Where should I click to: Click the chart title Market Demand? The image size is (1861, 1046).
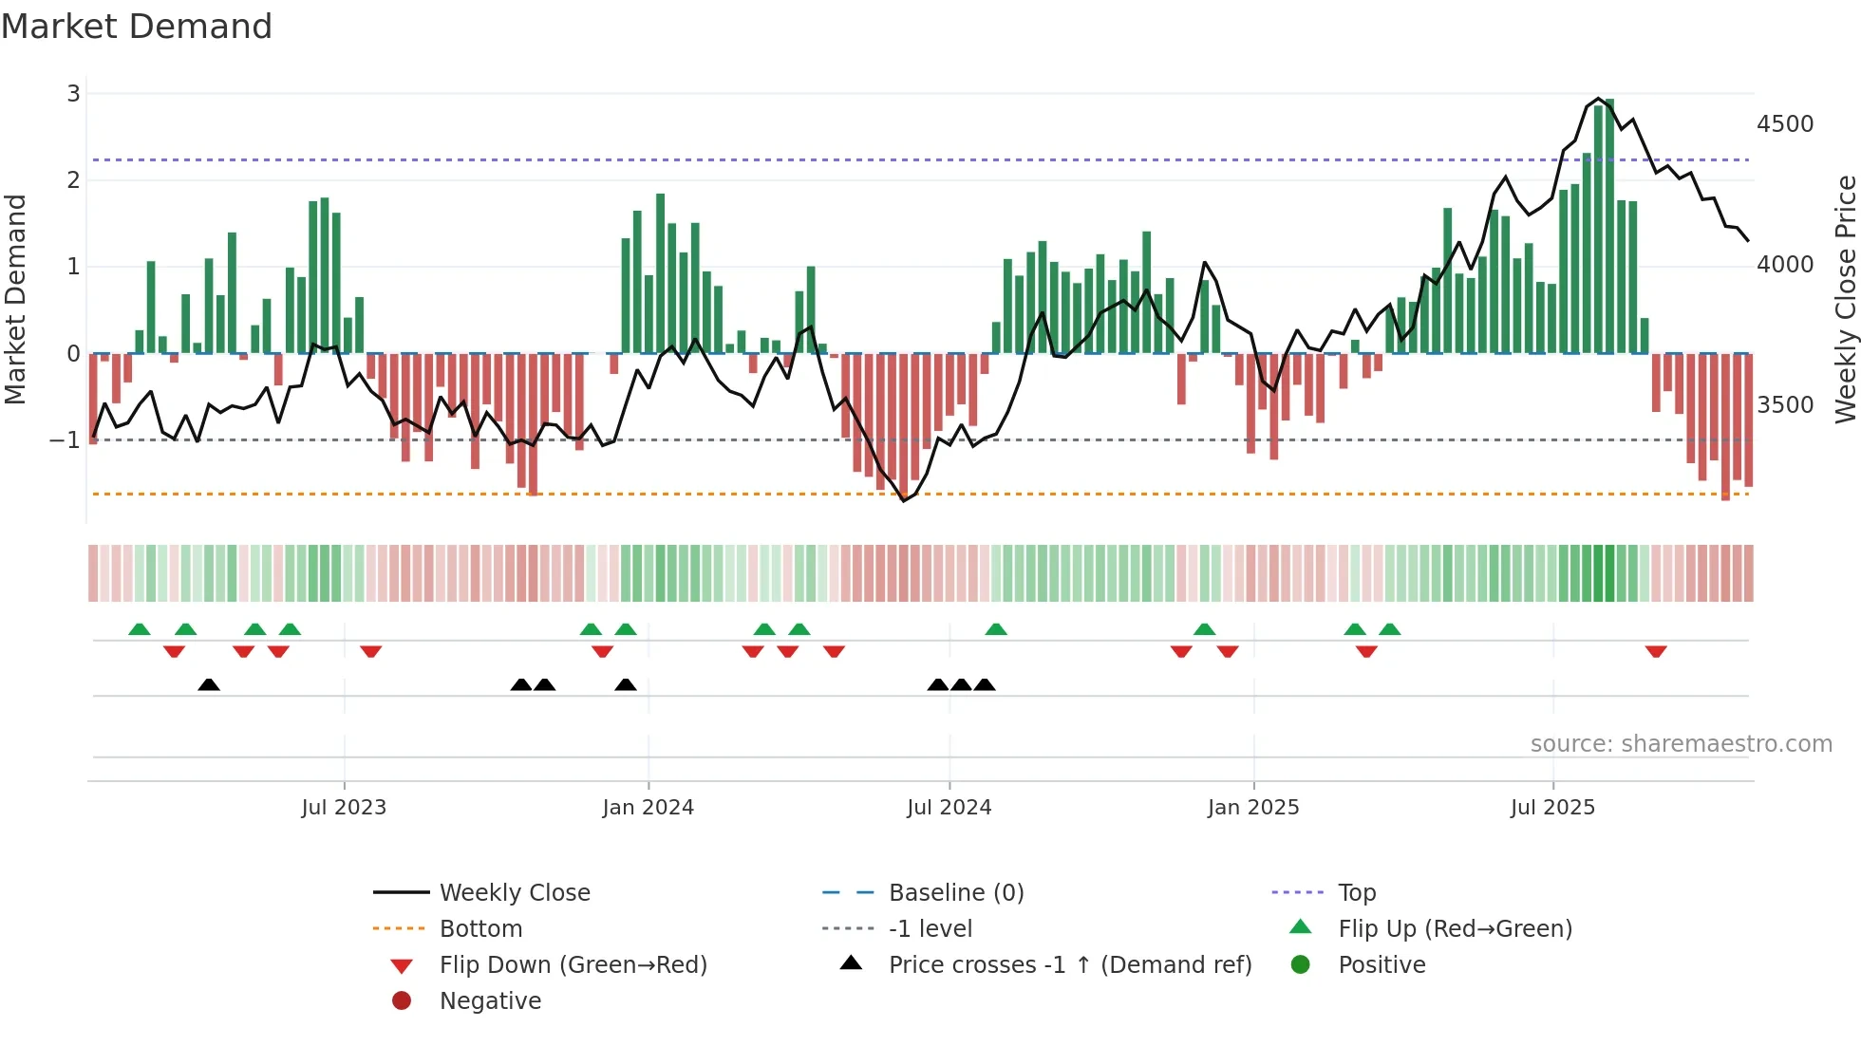click(137, 27)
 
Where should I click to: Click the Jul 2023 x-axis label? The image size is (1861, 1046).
click(344, 808)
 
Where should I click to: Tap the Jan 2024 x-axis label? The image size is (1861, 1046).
click(648, 808)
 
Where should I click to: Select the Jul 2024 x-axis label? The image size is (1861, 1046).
click(949, 808)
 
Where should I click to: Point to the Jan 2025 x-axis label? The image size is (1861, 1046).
click(1252, 808)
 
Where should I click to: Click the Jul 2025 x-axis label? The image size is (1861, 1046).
click(1552, 808)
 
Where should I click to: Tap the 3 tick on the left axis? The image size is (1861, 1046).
click(73, 93)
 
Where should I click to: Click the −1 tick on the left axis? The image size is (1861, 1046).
click(65, 439)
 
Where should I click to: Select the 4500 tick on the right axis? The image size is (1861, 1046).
click(1784, 124)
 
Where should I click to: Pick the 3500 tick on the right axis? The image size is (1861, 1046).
click(1784, 405)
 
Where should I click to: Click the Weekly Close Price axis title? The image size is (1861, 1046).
click(1845, 299)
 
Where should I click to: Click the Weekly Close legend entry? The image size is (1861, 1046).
click(514, 893)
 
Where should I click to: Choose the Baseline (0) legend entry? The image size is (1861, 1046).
click(955, 893)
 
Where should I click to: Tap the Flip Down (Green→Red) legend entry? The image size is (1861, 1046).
click(573, 965)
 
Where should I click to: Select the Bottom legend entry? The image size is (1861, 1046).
click(480, 929)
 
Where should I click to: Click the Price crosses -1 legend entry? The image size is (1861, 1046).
click(1069, 965)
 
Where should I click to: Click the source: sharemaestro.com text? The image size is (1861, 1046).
click(1681, 744)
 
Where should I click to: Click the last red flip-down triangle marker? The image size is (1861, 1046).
click(1656, 651)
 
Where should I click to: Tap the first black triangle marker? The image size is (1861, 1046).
click(209, 684)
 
